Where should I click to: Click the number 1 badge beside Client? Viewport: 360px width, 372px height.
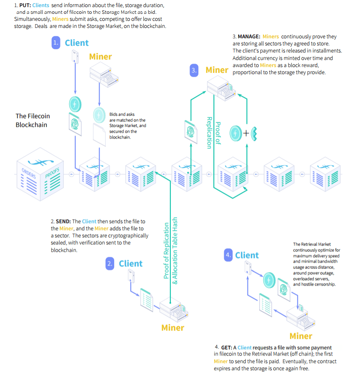pos(56,43)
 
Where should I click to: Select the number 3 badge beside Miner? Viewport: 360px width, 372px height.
pos(194,70)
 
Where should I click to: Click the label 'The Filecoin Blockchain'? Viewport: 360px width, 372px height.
pos(31,120)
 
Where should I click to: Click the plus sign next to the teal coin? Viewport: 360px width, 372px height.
pos(246,134)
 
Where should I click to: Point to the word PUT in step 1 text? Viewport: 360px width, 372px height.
pos(25,5)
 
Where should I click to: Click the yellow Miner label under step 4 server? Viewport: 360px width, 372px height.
pos(301,336)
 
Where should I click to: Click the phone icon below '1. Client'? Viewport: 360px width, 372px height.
pos(75,56)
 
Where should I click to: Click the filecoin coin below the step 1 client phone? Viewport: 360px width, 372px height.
pos(75,104)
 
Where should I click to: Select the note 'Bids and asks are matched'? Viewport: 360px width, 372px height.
pos(127,126)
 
